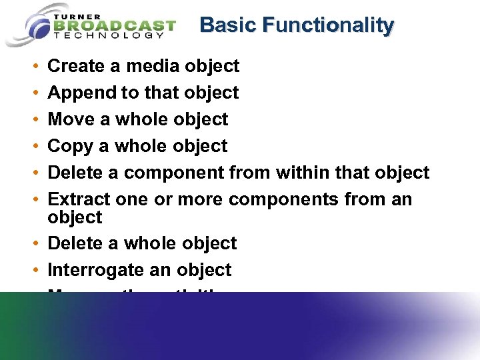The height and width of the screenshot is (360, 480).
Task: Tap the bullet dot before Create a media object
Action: (34, 67)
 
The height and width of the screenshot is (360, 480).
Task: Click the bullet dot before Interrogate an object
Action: (34, 271)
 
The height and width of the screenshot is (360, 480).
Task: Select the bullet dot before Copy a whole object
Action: (34, 147)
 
